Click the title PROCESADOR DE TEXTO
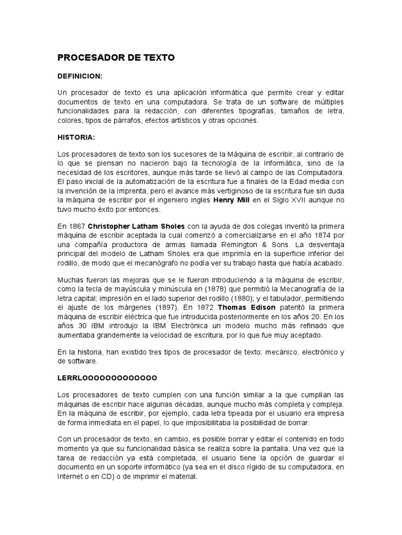116,58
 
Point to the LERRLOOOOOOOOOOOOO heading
107,377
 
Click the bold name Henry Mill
232,200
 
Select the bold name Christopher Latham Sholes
137,226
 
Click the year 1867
76,226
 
